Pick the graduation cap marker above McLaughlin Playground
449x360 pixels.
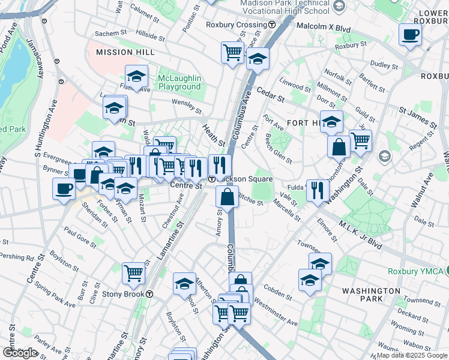tap(137, 76)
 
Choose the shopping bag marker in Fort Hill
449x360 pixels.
tap(339, 146)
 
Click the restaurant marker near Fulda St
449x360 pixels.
tap(317, 190)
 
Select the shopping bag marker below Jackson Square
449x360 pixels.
tap(228, 196)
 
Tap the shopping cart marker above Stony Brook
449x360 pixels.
tap(134, 273)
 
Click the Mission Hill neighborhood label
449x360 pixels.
tap(119, 52)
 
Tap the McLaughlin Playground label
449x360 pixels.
tap(179, 83)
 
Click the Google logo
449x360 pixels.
tap(20, 353)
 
